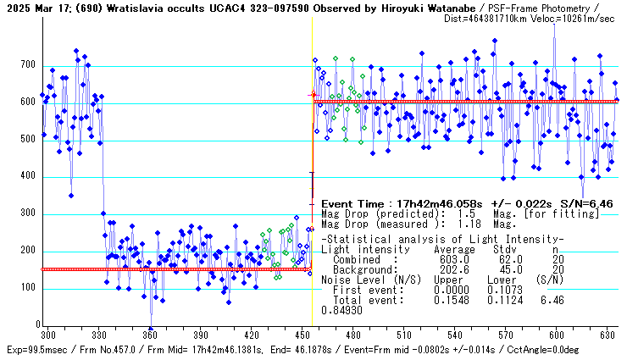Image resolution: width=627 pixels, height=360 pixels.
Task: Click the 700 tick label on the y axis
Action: [28, 65]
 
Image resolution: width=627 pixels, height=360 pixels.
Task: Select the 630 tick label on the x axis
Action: [608, 335]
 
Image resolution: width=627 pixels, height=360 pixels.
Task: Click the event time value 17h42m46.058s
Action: [431, 204]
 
